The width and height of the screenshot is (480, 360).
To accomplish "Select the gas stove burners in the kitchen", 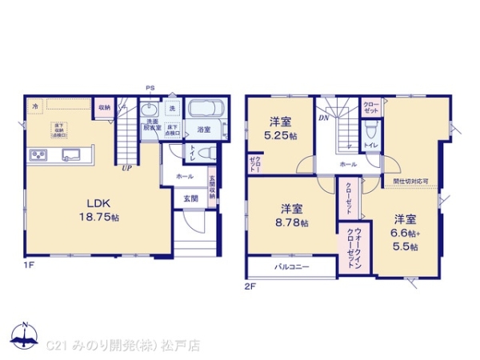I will (38, 154).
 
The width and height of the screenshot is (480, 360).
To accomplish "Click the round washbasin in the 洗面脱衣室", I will (150, 111).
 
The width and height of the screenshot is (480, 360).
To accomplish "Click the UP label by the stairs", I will (126, 167).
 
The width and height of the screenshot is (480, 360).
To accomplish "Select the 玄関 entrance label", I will (190, 198).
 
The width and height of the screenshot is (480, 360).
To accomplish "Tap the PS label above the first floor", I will (149, 88).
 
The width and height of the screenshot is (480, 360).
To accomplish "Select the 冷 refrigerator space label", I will (35, 105).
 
